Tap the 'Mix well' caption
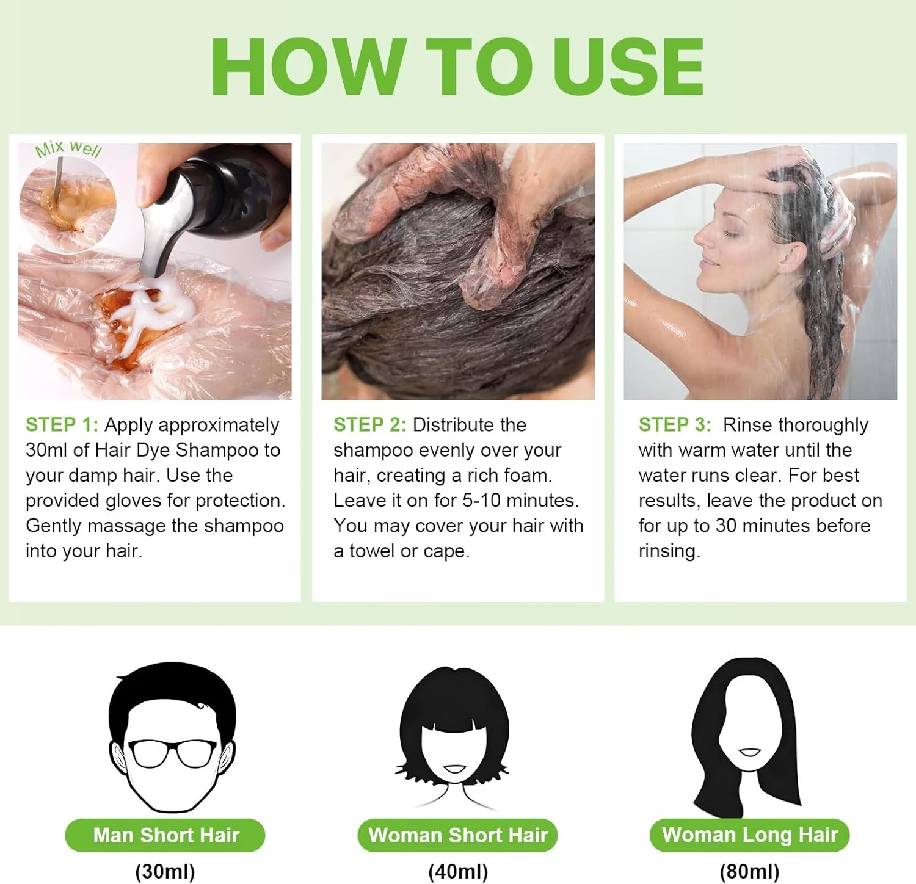tap(68, 150)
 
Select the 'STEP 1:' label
tap(62, 424)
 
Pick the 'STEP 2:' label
tap(369, 424)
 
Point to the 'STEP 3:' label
tap(675, 424)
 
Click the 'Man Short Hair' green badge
tap(165, 835)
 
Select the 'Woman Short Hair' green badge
tap(458, 835)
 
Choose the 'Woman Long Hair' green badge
tap(749, 835)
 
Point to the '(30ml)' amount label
tap(165, 871)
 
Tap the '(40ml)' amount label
tap(458, 871)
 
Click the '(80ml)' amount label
tap(749, 871)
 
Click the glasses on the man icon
tap(172, 753)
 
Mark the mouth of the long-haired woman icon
tap(749, 752)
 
